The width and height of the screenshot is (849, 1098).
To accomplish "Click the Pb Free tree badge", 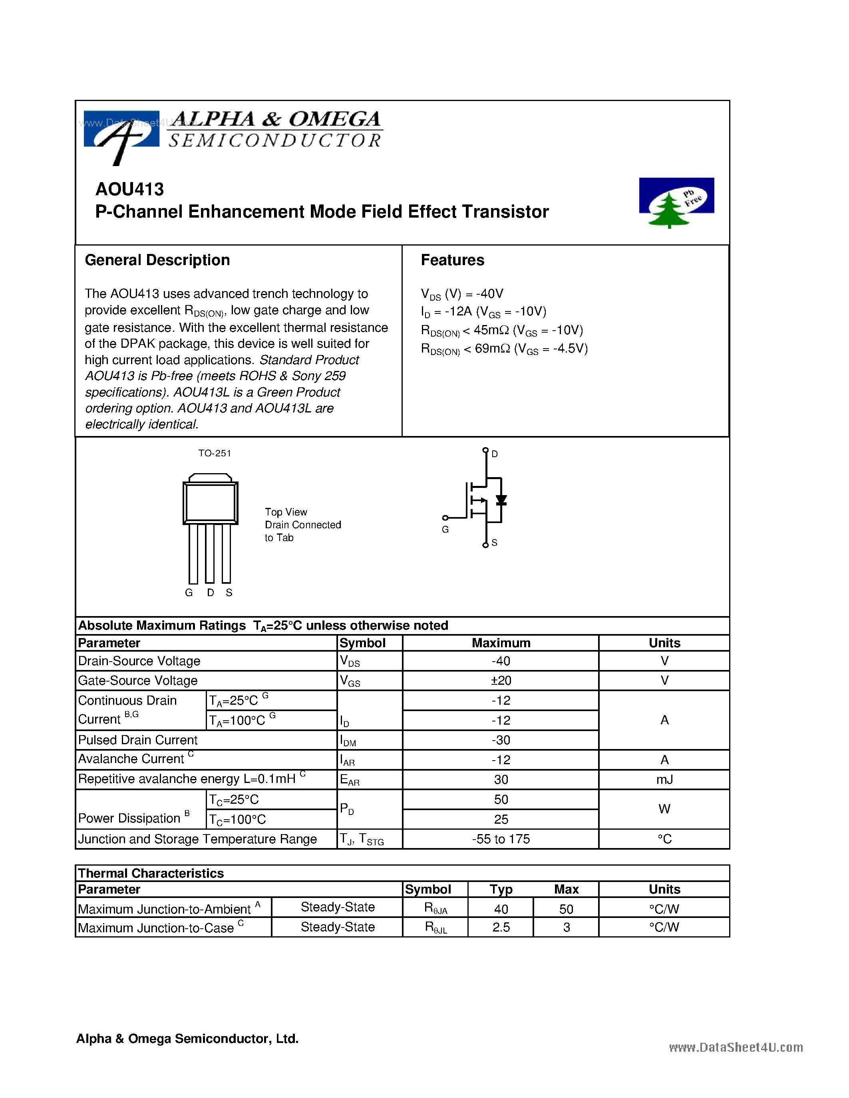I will [x=676, y=202].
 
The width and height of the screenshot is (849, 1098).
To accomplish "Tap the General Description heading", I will [x=157, y=260].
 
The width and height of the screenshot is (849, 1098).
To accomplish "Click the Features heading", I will [x=452, y=260].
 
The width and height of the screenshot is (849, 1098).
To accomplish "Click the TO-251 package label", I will [x=214, y=453].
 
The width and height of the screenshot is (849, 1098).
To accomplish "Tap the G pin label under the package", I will [x=189, y=593].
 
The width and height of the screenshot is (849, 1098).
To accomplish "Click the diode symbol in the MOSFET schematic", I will [x=501, y=500].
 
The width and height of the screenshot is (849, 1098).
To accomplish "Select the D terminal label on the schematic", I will [x=494, y=454].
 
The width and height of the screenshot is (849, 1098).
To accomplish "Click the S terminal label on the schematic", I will [x=494, y=543].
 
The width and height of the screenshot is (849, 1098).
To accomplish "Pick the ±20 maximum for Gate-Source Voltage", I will [x=501, y=680].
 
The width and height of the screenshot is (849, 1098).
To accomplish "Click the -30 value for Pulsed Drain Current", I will [x=501, y=740].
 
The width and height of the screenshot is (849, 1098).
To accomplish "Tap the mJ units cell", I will [x=664, y=779].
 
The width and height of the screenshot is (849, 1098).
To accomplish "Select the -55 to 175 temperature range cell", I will [x=501, y=839].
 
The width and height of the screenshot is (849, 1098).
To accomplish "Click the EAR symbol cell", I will [x=350, y=780].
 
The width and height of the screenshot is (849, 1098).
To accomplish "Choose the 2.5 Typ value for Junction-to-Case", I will [x=501, y=927].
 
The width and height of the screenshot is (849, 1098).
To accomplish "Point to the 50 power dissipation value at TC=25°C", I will [x=501, y=799].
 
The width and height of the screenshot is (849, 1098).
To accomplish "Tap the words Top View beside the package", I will [x=286, y=512].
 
